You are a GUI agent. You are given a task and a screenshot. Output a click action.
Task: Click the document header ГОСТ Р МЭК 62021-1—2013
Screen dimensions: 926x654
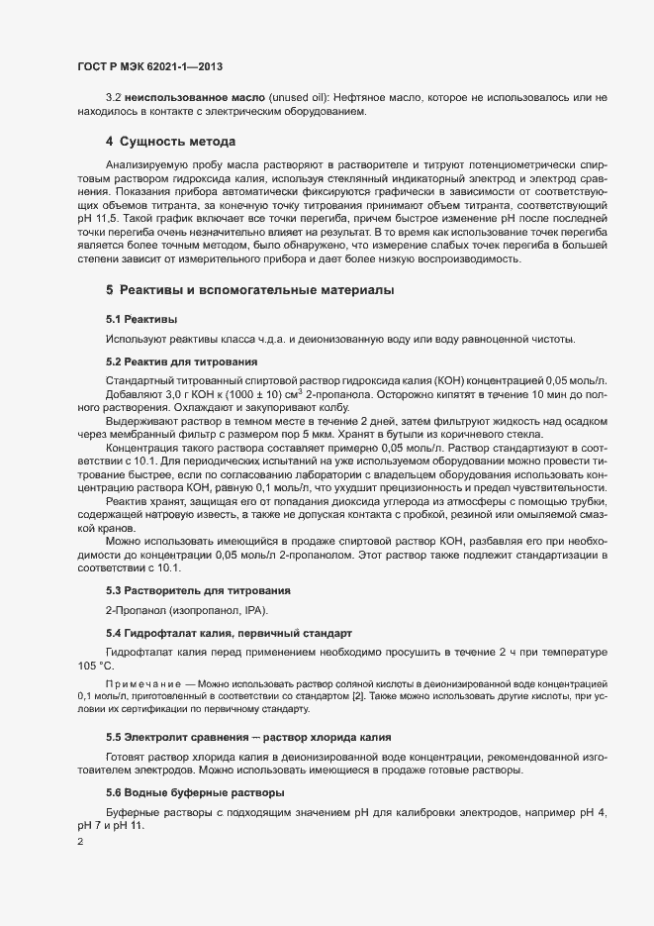click(148, 66)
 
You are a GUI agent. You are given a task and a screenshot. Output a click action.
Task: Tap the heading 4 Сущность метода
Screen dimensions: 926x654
click(170, 142)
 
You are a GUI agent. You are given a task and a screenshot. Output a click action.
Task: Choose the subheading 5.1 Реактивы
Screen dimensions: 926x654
click(141, 320)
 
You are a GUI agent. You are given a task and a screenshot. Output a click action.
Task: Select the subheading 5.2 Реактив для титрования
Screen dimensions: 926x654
click(181, 361)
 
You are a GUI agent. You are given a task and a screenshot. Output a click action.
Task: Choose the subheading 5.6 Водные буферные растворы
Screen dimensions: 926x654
click(181, 792)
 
